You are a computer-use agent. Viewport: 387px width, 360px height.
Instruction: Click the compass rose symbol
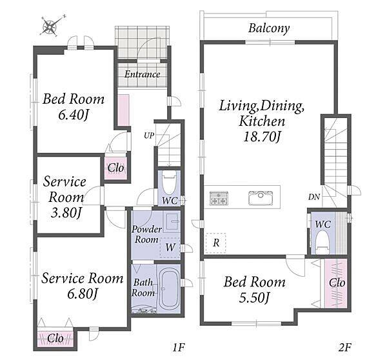pyautogui.click(x=49, y=27)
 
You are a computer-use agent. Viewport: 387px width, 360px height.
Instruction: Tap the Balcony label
pyautogui.click(x=268, y=28)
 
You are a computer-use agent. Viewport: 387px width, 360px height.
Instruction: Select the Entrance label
pyautogui.click(x=142, y=74)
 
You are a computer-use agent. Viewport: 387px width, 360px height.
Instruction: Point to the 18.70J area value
pyautogui.click(x=261, y=136)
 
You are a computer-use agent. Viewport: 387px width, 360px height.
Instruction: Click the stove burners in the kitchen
pyautogui.click(x=218, y=199)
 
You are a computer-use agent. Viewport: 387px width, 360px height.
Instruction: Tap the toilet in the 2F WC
pyautogui.click(x=322, y=243)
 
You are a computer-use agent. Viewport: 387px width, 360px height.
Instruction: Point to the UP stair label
pyautogui.click(x=149, y=135)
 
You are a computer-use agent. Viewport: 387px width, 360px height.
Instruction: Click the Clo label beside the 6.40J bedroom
pyautogui.click(x=116, y=168)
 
